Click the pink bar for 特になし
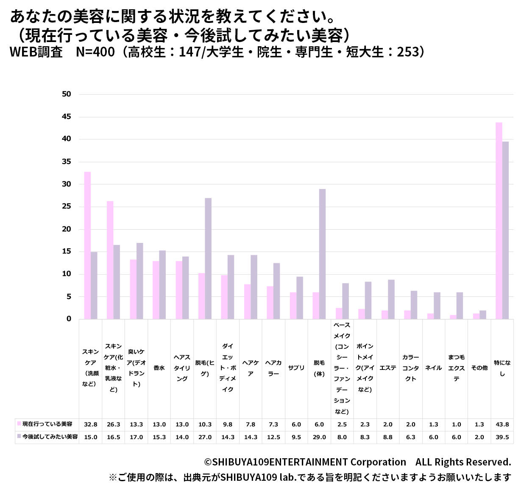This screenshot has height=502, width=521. coord(499,221)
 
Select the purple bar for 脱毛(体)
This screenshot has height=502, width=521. coord(323,254)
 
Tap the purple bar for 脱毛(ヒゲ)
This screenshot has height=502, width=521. coord(208,258)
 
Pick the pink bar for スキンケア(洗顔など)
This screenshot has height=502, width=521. coord(87,245)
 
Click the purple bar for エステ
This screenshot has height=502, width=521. coord(391,299)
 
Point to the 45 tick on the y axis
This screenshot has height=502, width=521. coord(67,117)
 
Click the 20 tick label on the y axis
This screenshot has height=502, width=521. coord(67,229)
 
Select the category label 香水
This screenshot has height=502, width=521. coord(159,368)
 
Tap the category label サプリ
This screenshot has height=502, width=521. coord(296,368)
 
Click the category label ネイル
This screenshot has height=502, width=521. coord(434,368)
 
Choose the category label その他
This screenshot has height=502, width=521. coord(479,368)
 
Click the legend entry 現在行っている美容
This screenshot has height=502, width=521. coord(47,424)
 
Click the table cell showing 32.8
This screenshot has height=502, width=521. coord(91,424)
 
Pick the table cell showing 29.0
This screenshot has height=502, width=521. coord(319,437)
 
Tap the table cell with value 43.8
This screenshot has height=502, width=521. coord(502,424)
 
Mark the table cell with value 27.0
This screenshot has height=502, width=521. coord(205,437)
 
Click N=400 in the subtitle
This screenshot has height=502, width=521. coord(95,52)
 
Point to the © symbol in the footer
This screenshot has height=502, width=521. coord(208,463)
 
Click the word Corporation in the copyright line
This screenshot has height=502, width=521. coord(378,463)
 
